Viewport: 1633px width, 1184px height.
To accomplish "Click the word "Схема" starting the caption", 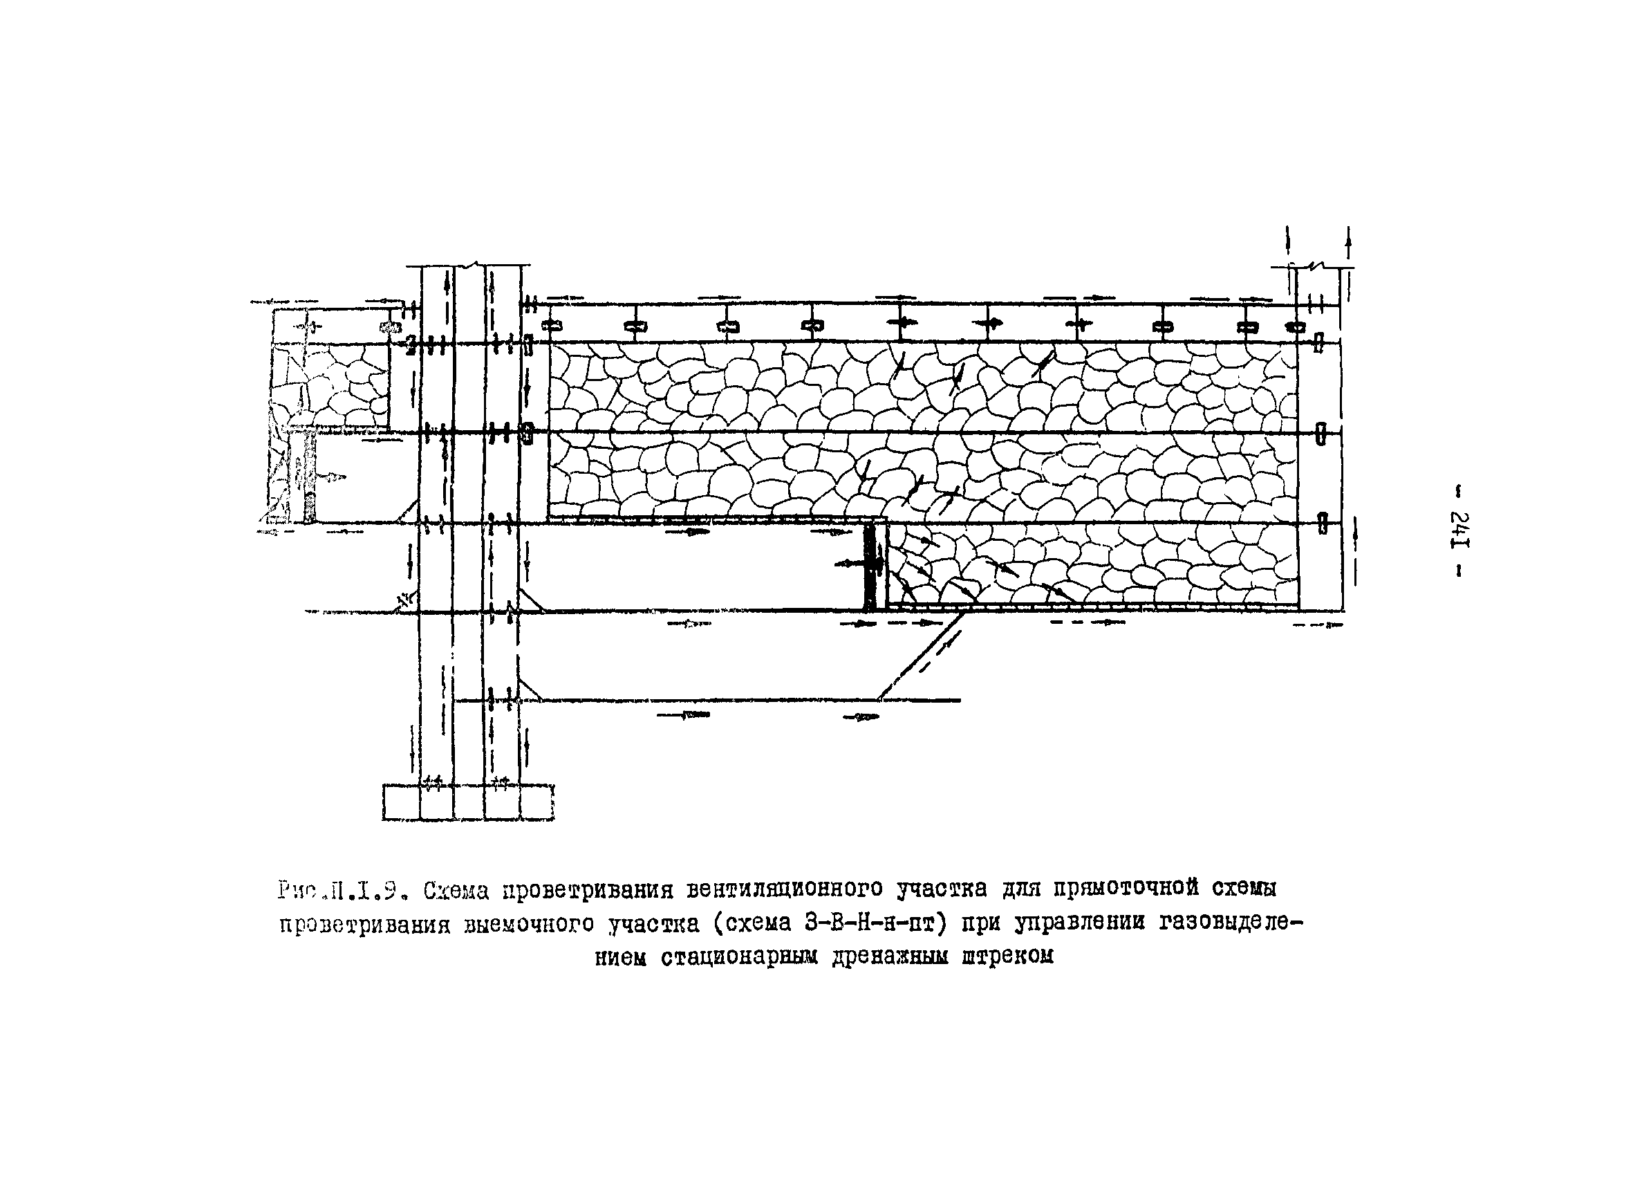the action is click(x=456, y=891).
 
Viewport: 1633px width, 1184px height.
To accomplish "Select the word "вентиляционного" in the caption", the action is click(x=784, y=889).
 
